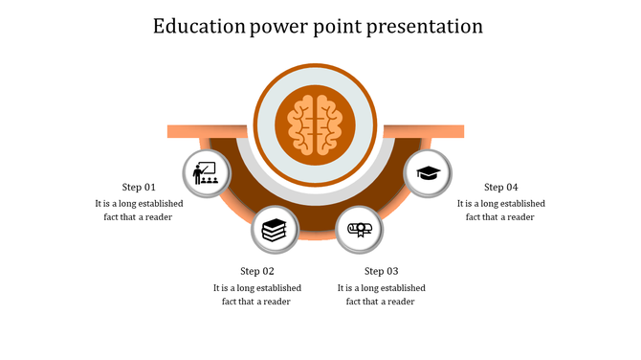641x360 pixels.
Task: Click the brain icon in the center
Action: tap(315, 124)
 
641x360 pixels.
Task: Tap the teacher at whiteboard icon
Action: tap(207, 174)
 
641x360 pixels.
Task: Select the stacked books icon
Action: tap(274, 230)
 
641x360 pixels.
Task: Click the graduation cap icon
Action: tap(428, 173)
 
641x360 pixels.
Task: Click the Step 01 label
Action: tap(139, 187)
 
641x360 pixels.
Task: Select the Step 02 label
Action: tap(257, 271)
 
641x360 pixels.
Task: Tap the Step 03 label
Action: tap(381, 271)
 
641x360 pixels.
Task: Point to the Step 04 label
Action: tap(500, 187)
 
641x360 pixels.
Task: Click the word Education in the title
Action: tap(197, 26)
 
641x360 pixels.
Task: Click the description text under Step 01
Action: tap(139, 210)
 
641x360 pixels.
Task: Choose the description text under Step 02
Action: tap(257, 294)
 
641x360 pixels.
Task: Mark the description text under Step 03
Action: tap(381, 294)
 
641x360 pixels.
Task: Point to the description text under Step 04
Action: tap(500, 210)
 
